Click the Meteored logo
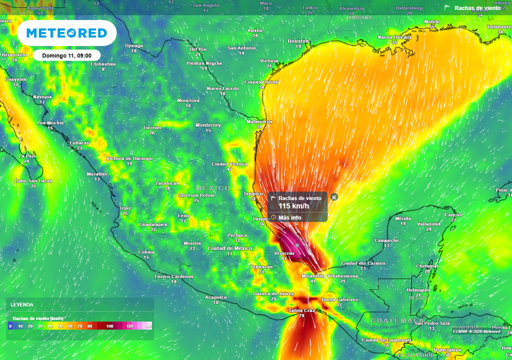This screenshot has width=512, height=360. coord(66,33)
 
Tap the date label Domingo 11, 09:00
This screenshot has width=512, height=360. coord(66,55)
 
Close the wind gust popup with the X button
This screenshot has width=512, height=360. coord(334,197)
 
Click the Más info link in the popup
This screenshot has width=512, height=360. coord(289,217)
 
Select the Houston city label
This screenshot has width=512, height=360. coord(298,41)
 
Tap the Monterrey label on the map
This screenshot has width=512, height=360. coord(208,125)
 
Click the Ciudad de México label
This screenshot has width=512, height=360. coord(230,248)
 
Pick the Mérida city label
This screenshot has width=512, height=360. coord(402,218)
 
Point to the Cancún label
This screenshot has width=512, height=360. coord(453,215)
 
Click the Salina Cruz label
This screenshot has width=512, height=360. coord(301,310)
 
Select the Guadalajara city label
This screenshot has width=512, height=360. coord(152,224)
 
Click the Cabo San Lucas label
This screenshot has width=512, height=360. coord(33,181)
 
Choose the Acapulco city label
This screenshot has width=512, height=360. coord(216,297)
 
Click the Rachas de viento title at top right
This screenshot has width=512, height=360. coord(477,8)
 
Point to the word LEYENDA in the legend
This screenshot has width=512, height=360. coord(22,304)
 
